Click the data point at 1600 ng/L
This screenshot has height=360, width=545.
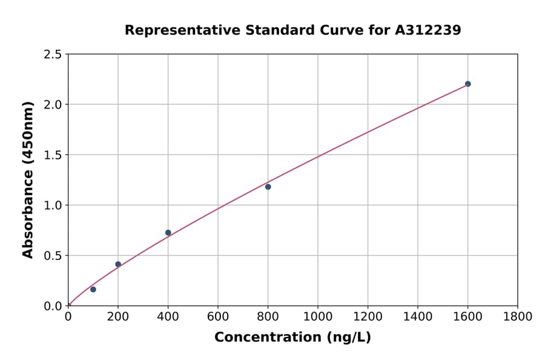467,84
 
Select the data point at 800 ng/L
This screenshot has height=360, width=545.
268,187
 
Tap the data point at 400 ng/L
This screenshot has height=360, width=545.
168,233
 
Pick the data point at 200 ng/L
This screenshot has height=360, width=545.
118,264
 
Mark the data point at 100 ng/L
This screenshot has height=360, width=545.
93,289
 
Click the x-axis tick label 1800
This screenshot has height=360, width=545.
517,316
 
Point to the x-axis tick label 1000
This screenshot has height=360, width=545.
317,316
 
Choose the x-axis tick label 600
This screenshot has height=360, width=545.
217,316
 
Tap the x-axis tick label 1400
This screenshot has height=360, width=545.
417,316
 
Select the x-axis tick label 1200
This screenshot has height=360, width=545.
368,316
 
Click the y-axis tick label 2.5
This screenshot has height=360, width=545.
53,55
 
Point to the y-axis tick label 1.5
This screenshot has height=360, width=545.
53,155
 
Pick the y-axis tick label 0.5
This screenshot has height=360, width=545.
53,256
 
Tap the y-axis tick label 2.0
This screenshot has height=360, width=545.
53,105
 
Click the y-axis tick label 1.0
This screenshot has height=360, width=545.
53,205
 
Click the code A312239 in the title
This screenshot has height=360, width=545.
428,30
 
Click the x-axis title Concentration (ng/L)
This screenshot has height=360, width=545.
292,338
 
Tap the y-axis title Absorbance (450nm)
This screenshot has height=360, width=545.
28,180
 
